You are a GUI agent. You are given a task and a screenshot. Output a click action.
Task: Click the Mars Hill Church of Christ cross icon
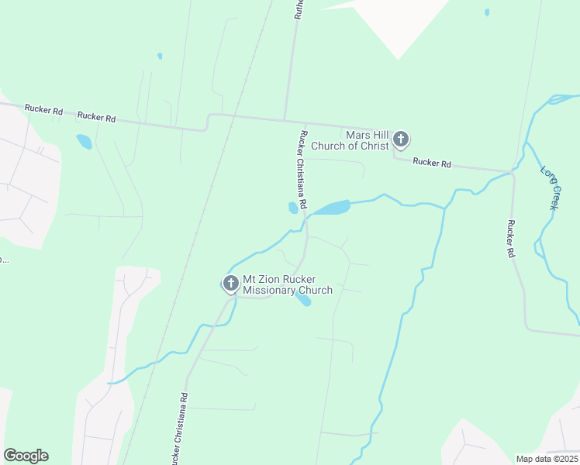click(400, 139)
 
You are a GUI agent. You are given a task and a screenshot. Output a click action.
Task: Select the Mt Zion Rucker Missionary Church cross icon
click(230, 284)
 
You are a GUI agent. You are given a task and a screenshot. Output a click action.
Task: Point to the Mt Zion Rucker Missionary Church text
click(288, 284)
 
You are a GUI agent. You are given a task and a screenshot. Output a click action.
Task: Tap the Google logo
click(26, 456)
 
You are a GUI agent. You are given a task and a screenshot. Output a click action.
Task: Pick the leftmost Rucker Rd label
click(43, 110)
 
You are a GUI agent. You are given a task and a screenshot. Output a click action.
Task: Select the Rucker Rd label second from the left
click(96, 117)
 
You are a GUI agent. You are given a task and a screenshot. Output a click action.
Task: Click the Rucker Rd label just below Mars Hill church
click(432, 162)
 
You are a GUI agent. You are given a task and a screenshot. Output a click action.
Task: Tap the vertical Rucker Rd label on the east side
click(511, 239)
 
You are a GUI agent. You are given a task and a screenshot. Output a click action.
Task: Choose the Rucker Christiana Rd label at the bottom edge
click(179, 430)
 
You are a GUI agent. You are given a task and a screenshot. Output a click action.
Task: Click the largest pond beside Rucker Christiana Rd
click(331, 208)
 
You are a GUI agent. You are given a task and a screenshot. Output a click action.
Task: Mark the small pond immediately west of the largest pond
click(293, 208)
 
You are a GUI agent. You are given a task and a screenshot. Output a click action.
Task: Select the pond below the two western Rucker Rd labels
click(84, 142)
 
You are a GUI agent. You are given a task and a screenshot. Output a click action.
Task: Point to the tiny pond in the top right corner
click(486, 12)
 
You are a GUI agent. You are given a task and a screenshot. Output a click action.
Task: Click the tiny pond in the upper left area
click(160, 56)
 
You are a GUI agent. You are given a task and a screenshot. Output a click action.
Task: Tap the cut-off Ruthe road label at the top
click(297, 9)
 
